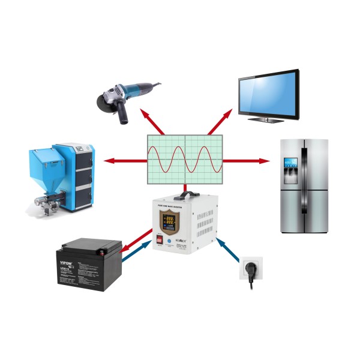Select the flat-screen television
pyautogui.click(x=268, y=93)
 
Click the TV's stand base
pyautogui.click(x=268, y=119)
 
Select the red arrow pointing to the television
pyautogui.click(x=219, y=122)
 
